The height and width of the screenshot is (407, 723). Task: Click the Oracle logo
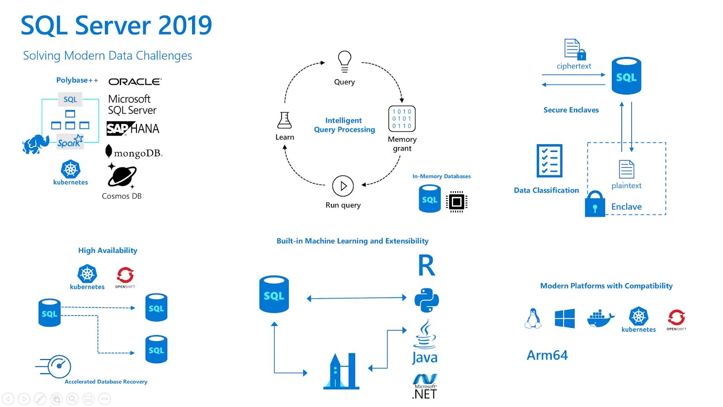(x=135, y=81)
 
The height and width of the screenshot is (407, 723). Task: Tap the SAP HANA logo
(x=133, y=129)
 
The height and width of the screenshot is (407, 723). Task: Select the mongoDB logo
(x=134, y=152)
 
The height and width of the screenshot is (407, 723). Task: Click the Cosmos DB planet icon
(x=122, y=176)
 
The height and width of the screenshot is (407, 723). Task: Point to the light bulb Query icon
(x=344, y=62)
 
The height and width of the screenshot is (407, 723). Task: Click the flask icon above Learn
(x=285, y=120)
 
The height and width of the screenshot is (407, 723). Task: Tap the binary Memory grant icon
(x=402, y=118)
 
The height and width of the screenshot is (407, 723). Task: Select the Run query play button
(x=343, y=186)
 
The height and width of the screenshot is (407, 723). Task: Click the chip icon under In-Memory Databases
(x=456, y=202)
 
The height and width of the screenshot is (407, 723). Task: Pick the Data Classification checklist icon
(x=549, y=161)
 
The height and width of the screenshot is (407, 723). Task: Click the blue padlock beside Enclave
(x=595, y=204)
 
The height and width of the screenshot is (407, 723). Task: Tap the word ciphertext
(x=573, y=66)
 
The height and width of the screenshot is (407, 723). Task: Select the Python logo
(x=427, y=300)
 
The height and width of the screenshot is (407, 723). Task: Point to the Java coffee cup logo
(x=425, y=336)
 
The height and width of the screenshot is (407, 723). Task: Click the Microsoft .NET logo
(x=425, y=387)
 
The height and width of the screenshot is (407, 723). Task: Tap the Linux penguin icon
(x=533, y=318)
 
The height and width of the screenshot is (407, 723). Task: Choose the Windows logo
(x=565, y=318)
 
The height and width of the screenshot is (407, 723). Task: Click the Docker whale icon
(x=601, y=318)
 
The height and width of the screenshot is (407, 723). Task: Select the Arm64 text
(x=547, y=355)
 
